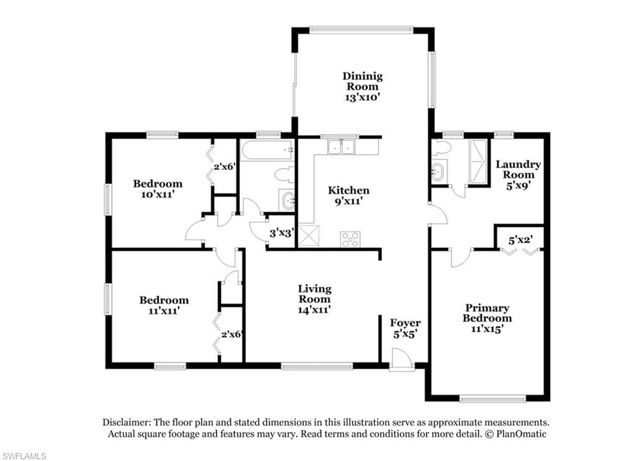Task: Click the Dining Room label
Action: pos(363,87)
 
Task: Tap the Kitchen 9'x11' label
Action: pos(349,195)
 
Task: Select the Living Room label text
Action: pos(314,299)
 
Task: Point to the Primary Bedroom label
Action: pos(487,318)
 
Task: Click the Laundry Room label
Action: pos(518,175)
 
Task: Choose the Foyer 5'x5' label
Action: pos(405,328)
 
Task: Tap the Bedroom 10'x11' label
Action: pos(158,189)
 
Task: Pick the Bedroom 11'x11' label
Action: pos(164,305)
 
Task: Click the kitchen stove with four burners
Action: pos(350,239)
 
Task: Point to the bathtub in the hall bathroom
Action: pos(268,150)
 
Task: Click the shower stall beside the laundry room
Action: pos(478,162)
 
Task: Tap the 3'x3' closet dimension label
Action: pos(281,233)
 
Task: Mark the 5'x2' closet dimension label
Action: pos(520,240)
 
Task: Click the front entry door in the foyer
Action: pos(401,359)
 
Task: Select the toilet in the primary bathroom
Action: pos(440,147)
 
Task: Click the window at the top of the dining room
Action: pos(362,30)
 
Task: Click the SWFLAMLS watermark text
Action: pos(24,456)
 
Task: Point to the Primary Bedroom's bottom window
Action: pos(493,399)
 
